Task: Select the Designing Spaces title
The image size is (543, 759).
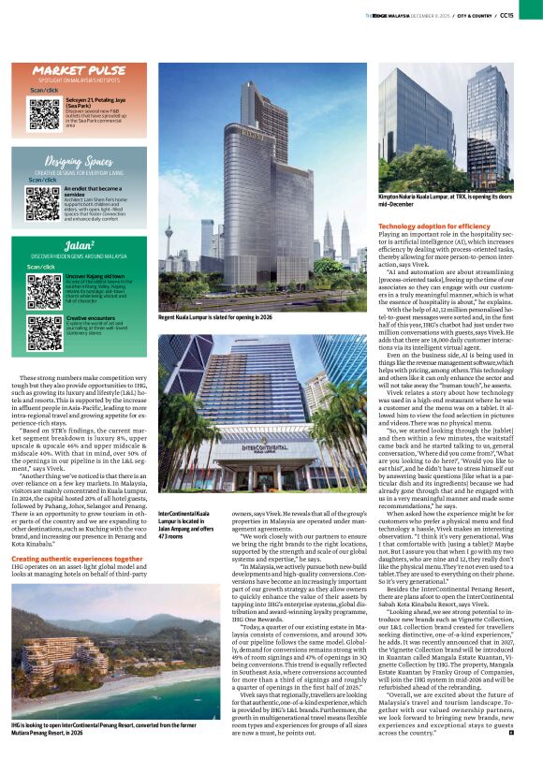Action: point(79,162)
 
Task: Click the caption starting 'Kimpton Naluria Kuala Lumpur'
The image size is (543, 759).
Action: point(445,200)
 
